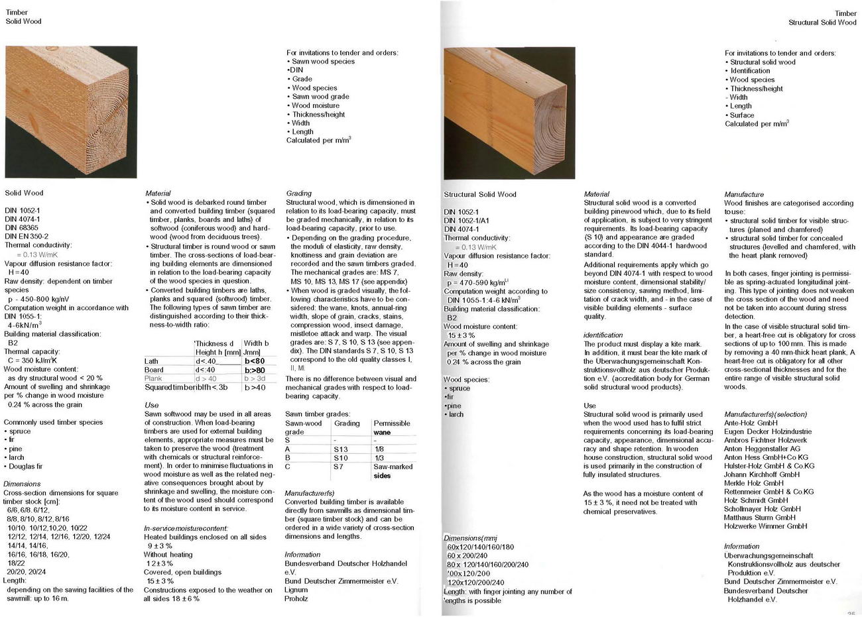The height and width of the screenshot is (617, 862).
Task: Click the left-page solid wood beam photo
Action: [x=62, y=110]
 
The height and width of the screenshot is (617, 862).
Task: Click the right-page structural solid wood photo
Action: [x=509, y=113]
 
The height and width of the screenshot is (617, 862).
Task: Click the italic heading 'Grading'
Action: [x=299, y=194]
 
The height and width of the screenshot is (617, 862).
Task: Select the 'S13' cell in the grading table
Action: [x=341, y=449]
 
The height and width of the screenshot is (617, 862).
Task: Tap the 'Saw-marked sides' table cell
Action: [x=393, y=471]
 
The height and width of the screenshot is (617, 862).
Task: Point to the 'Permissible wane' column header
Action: [x=392, y=427]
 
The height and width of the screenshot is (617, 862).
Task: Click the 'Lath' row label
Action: [x=152, y=361]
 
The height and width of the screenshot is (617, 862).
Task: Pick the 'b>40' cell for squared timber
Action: [x=255, y=387]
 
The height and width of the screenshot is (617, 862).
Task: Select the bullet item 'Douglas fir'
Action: [x=26, y=466]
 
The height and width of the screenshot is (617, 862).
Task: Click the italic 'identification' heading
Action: [x=603, y=335]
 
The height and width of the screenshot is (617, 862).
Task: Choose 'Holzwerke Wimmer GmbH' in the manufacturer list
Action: [x=765, y=526]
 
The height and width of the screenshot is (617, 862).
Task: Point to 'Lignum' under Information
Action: [x=296, y=589]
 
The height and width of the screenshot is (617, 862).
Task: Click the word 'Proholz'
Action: [x=296, y=598]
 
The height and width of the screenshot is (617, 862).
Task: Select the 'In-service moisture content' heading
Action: [x=186, y=528]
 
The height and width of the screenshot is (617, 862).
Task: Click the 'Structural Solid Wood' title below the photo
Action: [x=479, y=194]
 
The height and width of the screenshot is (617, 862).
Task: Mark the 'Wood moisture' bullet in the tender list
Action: [x=316, y=105]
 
